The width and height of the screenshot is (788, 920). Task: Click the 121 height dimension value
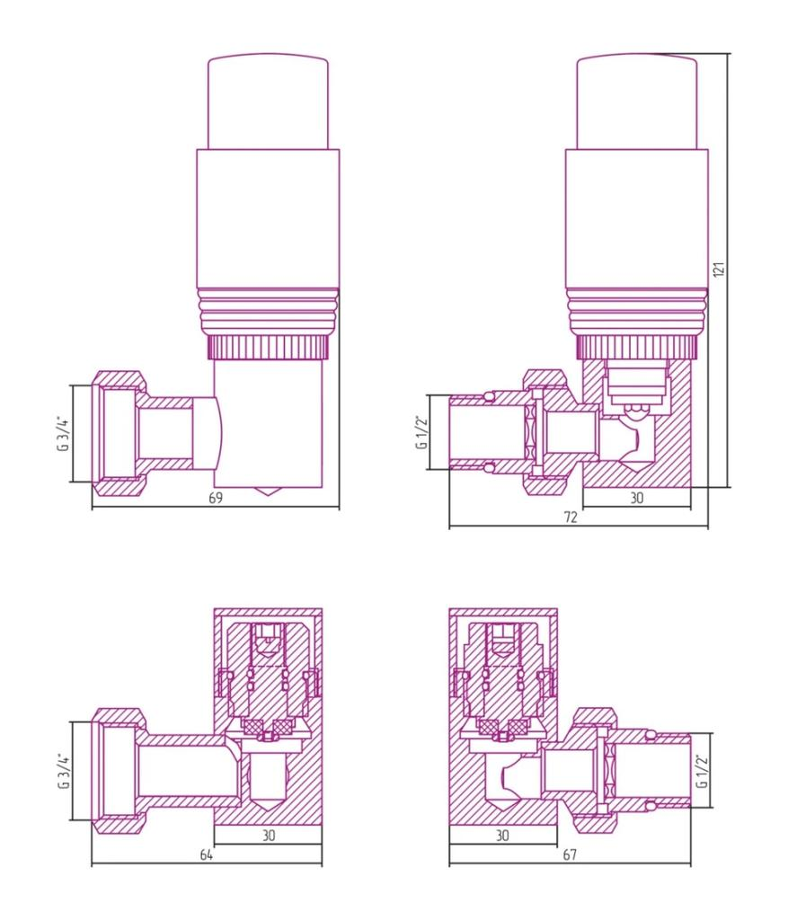(722, 269)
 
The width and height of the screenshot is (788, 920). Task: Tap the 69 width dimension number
(216, 498)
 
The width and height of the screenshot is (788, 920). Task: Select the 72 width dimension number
(571, 517)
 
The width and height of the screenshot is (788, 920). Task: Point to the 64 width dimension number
(206, 855)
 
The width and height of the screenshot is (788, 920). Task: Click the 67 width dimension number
(570, 855)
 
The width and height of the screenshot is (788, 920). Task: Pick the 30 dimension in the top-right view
(637, 498)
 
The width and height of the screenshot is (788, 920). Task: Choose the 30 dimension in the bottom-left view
(268, 835)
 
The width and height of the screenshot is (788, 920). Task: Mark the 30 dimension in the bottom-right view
(502, 835)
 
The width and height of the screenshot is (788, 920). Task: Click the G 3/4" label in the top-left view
(63, 434)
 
